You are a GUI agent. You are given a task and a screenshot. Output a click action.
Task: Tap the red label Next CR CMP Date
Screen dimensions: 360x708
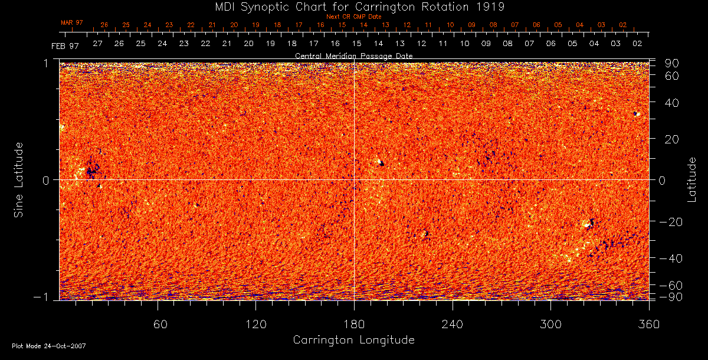pyautogui.click(x=353, y=17)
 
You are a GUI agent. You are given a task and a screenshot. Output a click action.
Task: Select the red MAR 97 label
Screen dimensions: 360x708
pyautogui.click(x=72, y=22)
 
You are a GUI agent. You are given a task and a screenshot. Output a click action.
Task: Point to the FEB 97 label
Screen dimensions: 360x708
pyautogui.click(x=65, y=45)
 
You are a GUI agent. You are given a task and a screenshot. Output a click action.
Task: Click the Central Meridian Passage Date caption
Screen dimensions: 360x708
pyautogui.click(x=353, y=55)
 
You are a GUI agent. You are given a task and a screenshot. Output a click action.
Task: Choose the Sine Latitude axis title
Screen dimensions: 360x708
pyautogui.click(x=19, y=179)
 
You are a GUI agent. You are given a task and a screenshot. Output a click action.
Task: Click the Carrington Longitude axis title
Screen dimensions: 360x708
pyautogui.click(x=353, y=340)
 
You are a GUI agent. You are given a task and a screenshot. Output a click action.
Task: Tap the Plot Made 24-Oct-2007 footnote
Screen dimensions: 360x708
pyautogui.click(x=49, y=346)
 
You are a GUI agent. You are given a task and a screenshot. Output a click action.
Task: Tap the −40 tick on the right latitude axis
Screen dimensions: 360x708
pyautogui.click(x=671, y=258)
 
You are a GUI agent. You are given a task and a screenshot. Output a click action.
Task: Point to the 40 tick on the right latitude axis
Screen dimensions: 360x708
pyautogui.click(x=671, y=103)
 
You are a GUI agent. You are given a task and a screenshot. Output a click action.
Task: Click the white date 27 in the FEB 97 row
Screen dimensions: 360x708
pyautogui.click(x=97, y=44)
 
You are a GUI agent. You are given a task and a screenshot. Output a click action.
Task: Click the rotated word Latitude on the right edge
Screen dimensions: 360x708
pyautogui.click(x=691, y=179)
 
